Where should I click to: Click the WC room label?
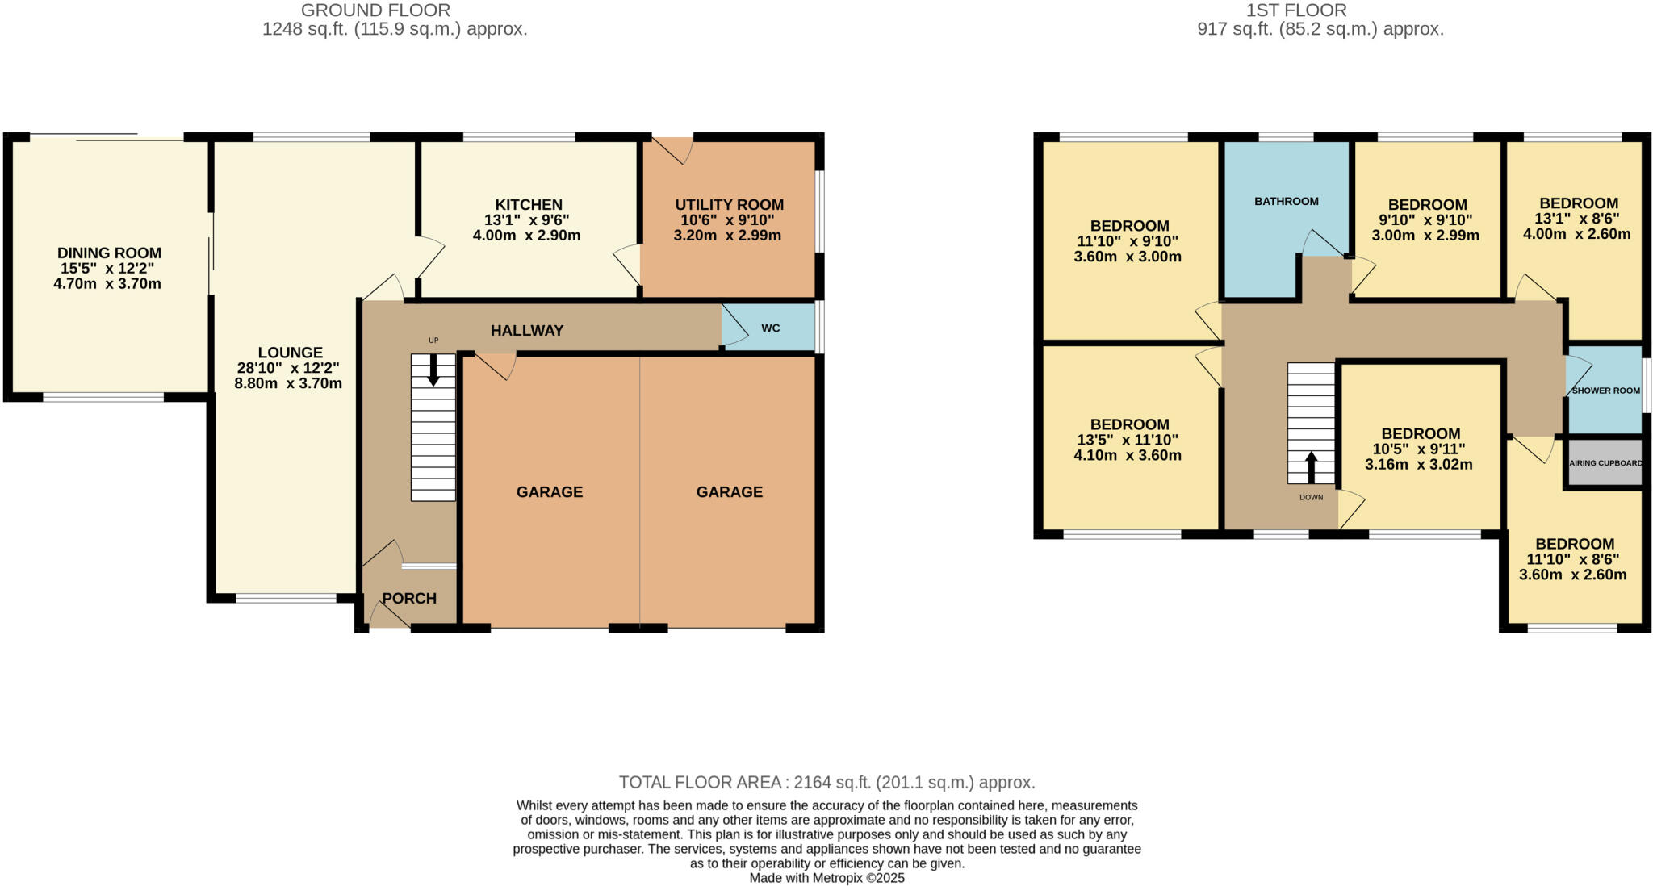coord(770,328)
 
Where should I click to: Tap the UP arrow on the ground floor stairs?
coord(433,370)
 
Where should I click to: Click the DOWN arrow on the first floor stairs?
coord(1311,467)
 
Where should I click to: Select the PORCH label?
coord(409,599)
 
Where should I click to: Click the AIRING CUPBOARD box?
coord(1605,463)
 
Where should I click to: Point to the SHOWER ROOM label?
coord(1605,391)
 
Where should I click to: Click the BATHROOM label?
coord(1286,202)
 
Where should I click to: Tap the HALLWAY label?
coord(527,331)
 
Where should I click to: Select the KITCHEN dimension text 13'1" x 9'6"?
coord(526,220)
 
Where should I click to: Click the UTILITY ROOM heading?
coord(729,205)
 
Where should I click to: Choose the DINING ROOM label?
coord(109,253)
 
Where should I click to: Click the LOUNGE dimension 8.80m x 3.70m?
coord(288,384)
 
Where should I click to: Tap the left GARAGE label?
coord(550,492)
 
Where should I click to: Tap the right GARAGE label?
coord(729,492)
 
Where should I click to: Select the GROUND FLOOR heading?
coord(375,10)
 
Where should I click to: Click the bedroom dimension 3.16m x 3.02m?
coord(1418,465)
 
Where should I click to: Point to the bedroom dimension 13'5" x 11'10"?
coord(1128,440)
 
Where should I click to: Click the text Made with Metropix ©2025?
coord(826,878)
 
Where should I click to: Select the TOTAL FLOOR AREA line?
coord(826,782)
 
